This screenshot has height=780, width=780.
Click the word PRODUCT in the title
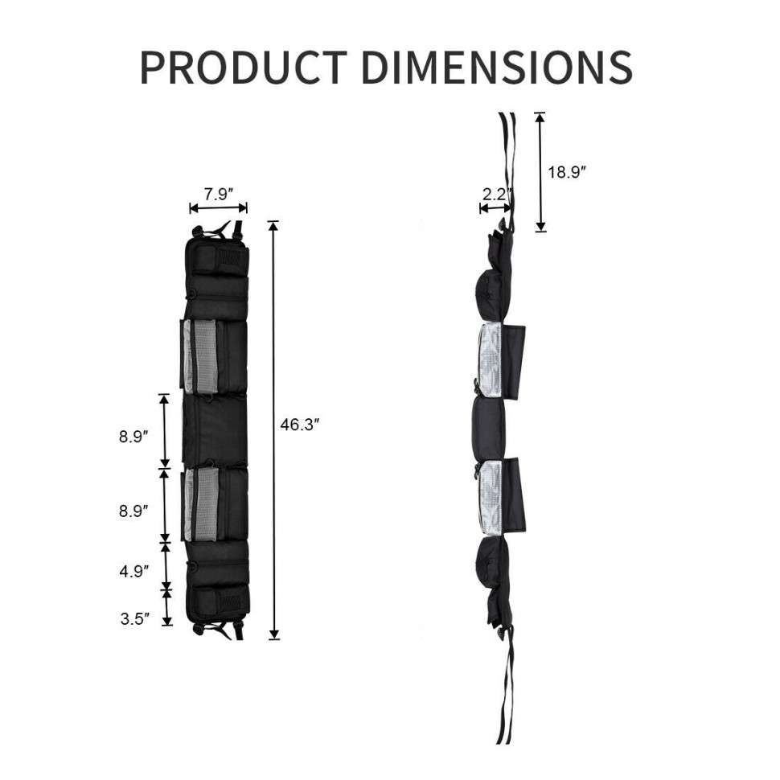click(244, 68)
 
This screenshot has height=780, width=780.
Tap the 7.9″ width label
click(219, 194)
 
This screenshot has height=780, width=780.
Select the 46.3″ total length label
click(300, 425)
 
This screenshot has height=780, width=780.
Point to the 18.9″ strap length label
click(567, 172)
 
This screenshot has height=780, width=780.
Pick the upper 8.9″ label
click(133, 437)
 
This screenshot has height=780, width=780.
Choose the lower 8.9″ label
click(133, 511)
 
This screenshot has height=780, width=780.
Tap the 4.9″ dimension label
click(133, 572)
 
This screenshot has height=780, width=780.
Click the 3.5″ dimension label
click(134, 619)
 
